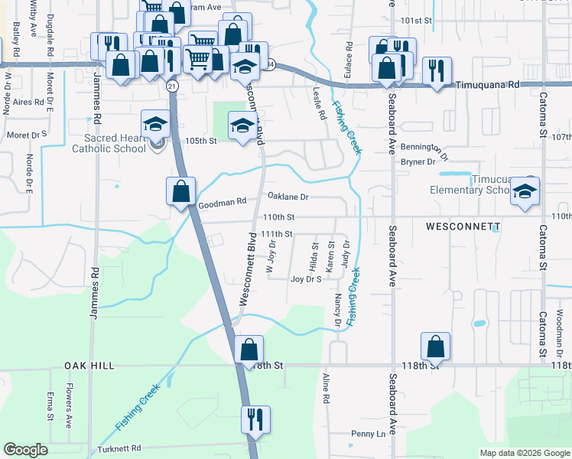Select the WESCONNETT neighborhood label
pos(463,227)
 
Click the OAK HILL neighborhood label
pos(89,366)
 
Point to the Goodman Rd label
pos(222,204)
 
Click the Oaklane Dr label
pos(288,197)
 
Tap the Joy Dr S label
pos(306,279)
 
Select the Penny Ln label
pos(369,434)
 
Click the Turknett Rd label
pos(119,448)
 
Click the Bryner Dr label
pos(418,161)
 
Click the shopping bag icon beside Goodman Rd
pos(181,191)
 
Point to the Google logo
pos(25,450)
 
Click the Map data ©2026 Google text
pos(524,453)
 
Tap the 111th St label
pos(277,233)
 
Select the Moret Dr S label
pos(27,135)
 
